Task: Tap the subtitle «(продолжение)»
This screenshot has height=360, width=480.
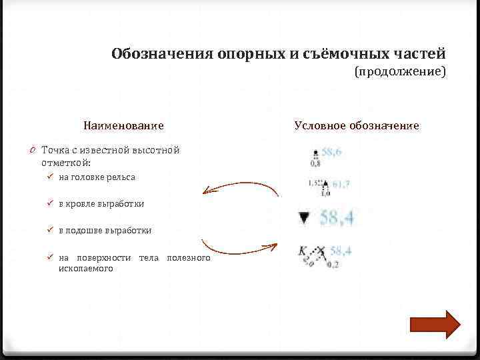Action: tap(399, 71)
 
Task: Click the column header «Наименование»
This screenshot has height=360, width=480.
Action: tap(123, 125)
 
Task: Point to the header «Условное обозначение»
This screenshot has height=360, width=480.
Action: tap(357, 125)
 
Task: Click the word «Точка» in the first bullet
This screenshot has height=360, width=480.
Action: tap(55, 150)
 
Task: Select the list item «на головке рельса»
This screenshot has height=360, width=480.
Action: tap(97, 177)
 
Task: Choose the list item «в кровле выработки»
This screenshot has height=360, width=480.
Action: tap(101, 204)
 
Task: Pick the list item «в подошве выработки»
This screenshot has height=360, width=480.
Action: tap(105, 231)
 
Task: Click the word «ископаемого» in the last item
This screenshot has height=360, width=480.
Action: tap(85, 269)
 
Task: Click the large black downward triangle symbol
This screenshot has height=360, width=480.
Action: tap(305, 217)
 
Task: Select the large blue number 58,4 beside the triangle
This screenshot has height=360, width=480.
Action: tap(337, 217)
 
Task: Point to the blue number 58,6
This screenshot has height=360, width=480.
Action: tap(331, 152)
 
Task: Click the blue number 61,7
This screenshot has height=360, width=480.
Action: tap(341, 184)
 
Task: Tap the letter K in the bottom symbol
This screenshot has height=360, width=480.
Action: tap(302, 251)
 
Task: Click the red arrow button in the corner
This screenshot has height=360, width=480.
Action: tap(435, 325)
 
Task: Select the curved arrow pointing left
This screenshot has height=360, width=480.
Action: tap(240, 189)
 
